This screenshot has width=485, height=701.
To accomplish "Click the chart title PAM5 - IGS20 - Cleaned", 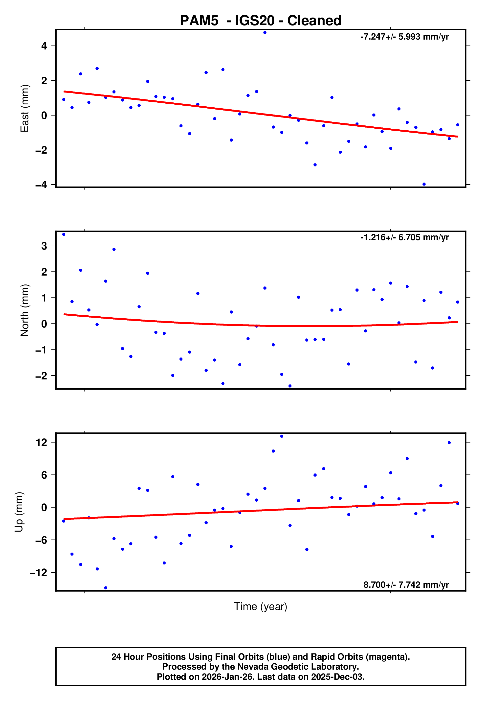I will pyautogui.click(x=261, y=21).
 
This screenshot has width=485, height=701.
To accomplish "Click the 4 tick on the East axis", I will pyautogui.click(x=44, y=46).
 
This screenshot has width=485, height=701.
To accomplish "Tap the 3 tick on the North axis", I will pyautogui.click(x=44, y=246).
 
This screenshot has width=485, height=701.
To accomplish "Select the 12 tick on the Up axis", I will pyautogui.click(x=42, y=442).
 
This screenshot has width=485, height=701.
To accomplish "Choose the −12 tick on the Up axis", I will pyautogui.click(x=38, y=572).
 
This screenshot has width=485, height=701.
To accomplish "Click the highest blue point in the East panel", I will pyautogui.click(x=265, y=32).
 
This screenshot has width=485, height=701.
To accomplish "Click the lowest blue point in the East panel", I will pyautogui.click(x=424, y=184).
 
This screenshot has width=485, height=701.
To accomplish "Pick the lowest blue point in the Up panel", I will pyautogui.click(x=106, y=588).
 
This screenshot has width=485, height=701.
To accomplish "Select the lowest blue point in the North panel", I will pyautogui.click(x=290, y=386).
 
